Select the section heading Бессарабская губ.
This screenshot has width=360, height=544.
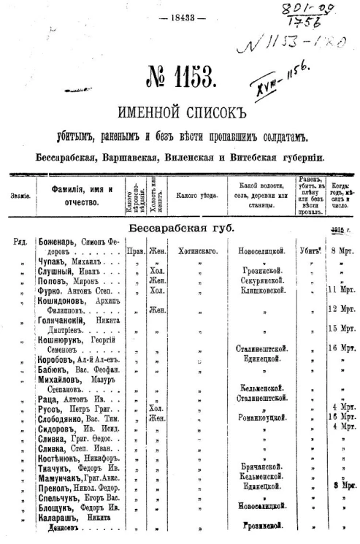[180, 228]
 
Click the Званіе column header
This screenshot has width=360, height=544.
[20, 196]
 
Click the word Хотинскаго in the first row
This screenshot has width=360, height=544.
[194, 250]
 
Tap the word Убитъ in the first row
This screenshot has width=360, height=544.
[306, 250]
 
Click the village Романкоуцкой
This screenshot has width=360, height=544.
[263, 418]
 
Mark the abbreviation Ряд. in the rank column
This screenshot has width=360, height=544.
[20, 242]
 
